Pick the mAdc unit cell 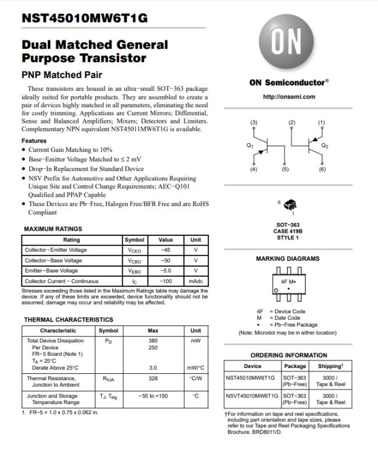195,281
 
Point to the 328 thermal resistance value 153,378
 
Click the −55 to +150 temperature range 153,396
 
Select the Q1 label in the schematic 250,145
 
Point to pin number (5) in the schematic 285,169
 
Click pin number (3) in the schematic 254,122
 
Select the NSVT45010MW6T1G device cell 252,395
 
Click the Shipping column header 330,366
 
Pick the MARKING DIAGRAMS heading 288,259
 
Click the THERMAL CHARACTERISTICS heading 68,320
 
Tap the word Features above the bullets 34,141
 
